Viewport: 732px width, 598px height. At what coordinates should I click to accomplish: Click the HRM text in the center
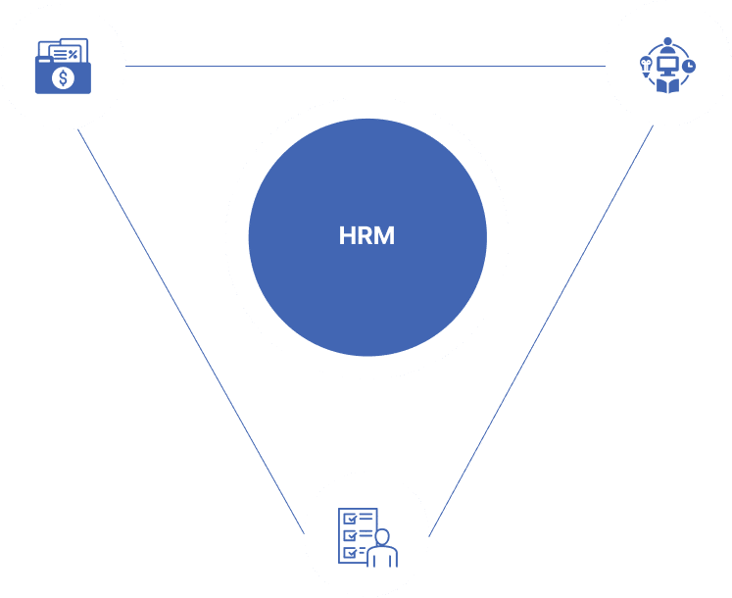coord(366,236)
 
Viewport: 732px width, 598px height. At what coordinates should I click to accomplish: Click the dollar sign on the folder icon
coord(63,77)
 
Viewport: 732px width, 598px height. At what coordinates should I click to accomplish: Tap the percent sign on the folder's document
coord(73,54)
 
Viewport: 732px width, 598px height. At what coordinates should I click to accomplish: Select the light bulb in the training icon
coord(646,63)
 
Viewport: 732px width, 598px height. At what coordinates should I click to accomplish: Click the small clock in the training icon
coord(689,65)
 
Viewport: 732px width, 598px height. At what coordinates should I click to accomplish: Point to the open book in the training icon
coord(667,86)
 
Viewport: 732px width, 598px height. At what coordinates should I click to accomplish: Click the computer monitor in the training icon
coord(667,65)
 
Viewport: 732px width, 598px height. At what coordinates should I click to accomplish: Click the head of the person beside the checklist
coord(382,536)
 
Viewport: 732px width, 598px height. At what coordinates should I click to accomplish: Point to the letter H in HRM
coord(347,236)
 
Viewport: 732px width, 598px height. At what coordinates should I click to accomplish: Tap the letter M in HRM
coord(385,236)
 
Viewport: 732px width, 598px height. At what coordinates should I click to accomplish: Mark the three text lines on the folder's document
coord(60,54)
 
